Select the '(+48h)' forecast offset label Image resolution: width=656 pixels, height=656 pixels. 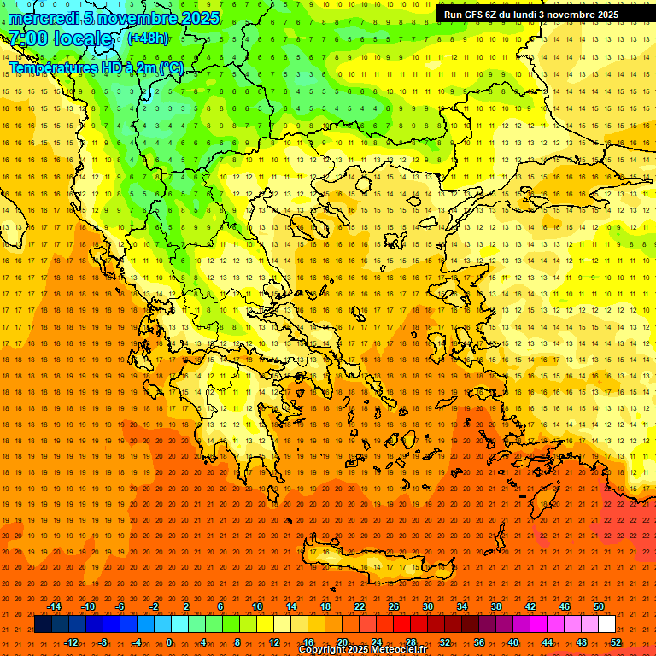point(148,38)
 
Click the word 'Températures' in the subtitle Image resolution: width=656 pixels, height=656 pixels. point(52,67)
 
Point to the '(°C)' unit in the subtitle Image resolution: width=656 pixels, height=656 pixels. point(169,67)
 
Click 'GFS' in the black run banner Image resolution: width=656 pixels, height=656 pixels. point(476,15)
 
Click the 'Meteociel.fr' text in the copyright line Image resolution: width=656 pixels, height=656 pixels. point(396,650)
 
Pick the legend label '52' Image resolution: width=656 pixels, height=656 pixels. point(615,642)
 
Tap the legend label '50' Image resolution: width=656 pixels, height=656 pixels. point(599,606)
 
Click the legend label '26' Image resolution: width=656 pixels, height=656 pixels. point(394,606)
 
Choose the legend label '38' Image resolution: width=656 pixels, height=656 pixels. point(496,606)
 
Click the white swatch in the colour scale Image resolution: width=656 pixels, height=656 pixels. point(606,624)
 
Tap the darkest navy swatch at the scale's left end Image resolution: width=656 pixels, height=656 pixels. point(43,624)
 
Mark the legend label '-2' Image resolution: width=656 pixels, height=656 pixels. point(155,606)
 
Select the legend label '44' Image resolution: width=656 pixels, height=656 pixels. point(548,642)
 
